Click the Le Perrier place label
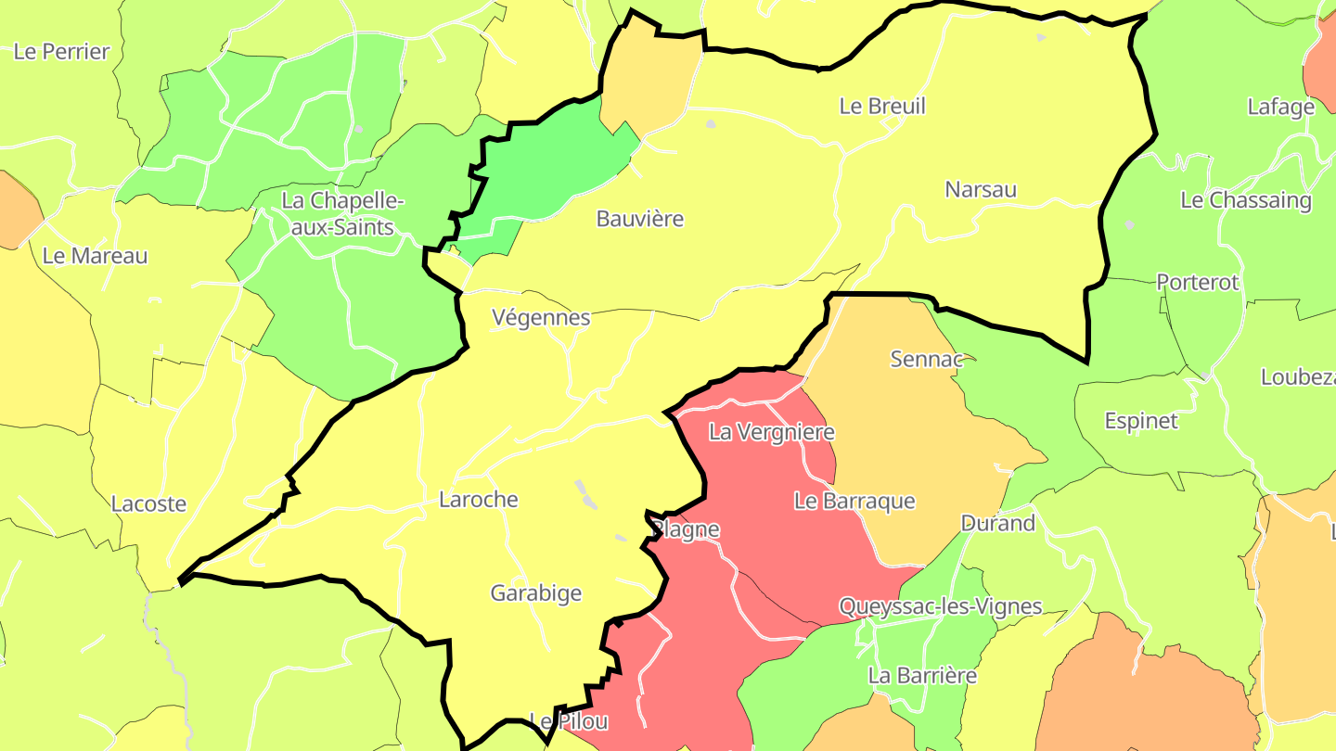(61, 52)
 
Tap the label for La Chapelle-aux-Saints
(343, 213)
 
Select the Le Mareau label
(95, 256)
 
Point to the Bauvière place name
(640, 219)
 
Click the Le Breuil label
(882, 106)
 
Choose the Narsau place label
(981, 189)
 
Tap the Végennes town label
(541, 317)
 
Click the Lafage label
(1280, 107)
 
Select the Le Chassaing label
(1246, 200)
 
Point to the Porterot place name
(1198, 282)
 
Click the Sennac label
(928, 359)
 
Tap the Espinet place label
(1141, 421)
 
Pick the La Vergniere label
(772, 432)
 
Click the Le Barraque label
(854, 501)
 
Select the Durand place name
(997, 523)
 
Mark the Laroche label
(479, 500)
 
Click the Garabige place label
(536, 593)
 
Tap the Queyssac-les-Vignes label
(941, 606)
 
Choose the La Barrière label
(922, 675)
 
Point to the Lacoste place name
(148, 504)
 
